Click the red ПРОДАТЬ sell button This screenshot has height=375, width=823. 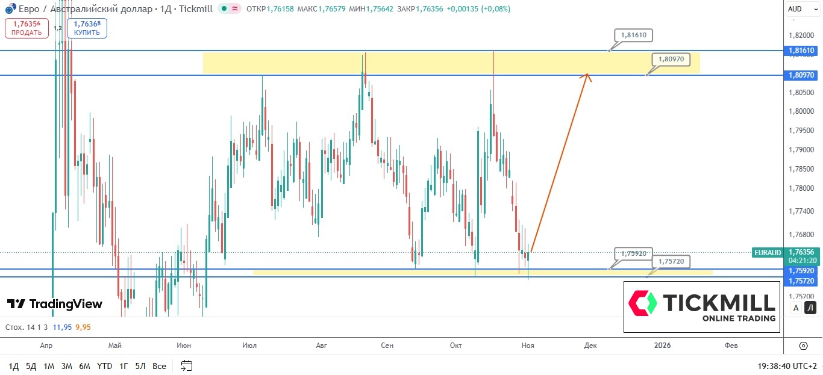(27, 28)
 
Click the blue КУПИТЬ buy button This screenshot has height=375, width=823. (87, 28)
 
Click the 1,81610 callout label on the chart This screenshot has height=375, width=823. (635, 36)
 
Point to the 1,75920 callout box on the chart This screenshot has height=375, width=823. (634, 253)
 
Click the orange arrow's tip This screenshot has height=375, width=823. (588, 75)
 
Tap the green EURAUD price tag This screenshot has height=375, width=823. (767, 253)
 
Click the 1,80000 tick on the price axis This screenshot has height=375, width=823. (801, 111)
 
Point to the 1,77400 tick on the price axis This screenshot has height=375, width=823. (801, 211)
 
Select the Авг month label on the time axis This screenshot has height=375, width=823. (321, 346)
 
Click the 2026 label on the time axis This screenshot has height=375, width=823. (662, 346)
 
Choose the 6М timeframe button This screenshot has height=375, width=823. (84, 366)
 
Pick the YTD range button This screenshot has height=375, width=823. (104, 366)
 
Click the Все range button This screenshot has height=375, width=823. (159, 366)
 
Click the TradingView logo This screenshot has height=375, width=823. (55, 304)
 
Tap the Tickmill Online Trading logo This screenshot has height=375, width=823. (702, 306)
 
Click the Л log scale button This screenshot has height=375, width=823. (810, 308)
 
